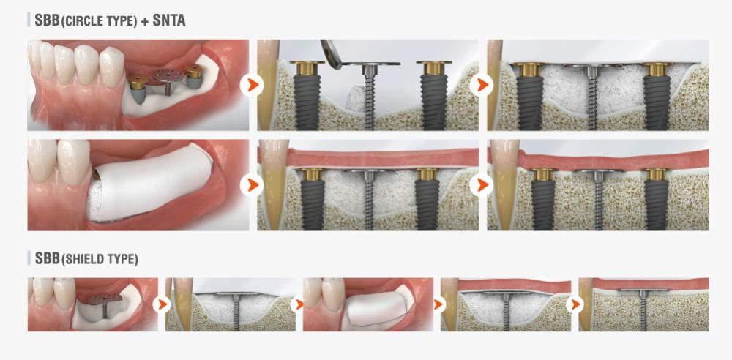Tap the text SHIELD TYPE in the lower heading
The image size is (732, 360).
pos(100,260)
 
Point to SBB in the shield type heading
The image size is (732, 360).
pos(47,258)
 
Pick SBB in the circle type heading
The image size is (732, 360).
pos(47,20)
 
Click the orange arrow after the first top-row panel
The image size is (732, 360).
pos(252,85)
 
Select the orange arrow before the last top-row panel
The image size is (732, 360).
pos(482,85)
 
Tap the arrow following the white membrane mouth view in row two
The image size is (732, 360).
pos(252,185)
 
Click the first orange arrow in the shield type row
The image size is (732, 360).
pos(162,304)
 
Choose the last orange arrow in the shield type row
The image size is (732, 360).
pos(575,304)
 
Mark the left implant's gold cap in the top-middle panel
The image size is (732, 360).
pos(307,67)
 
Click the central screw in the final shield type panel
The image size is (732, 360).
pos(643,309)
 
